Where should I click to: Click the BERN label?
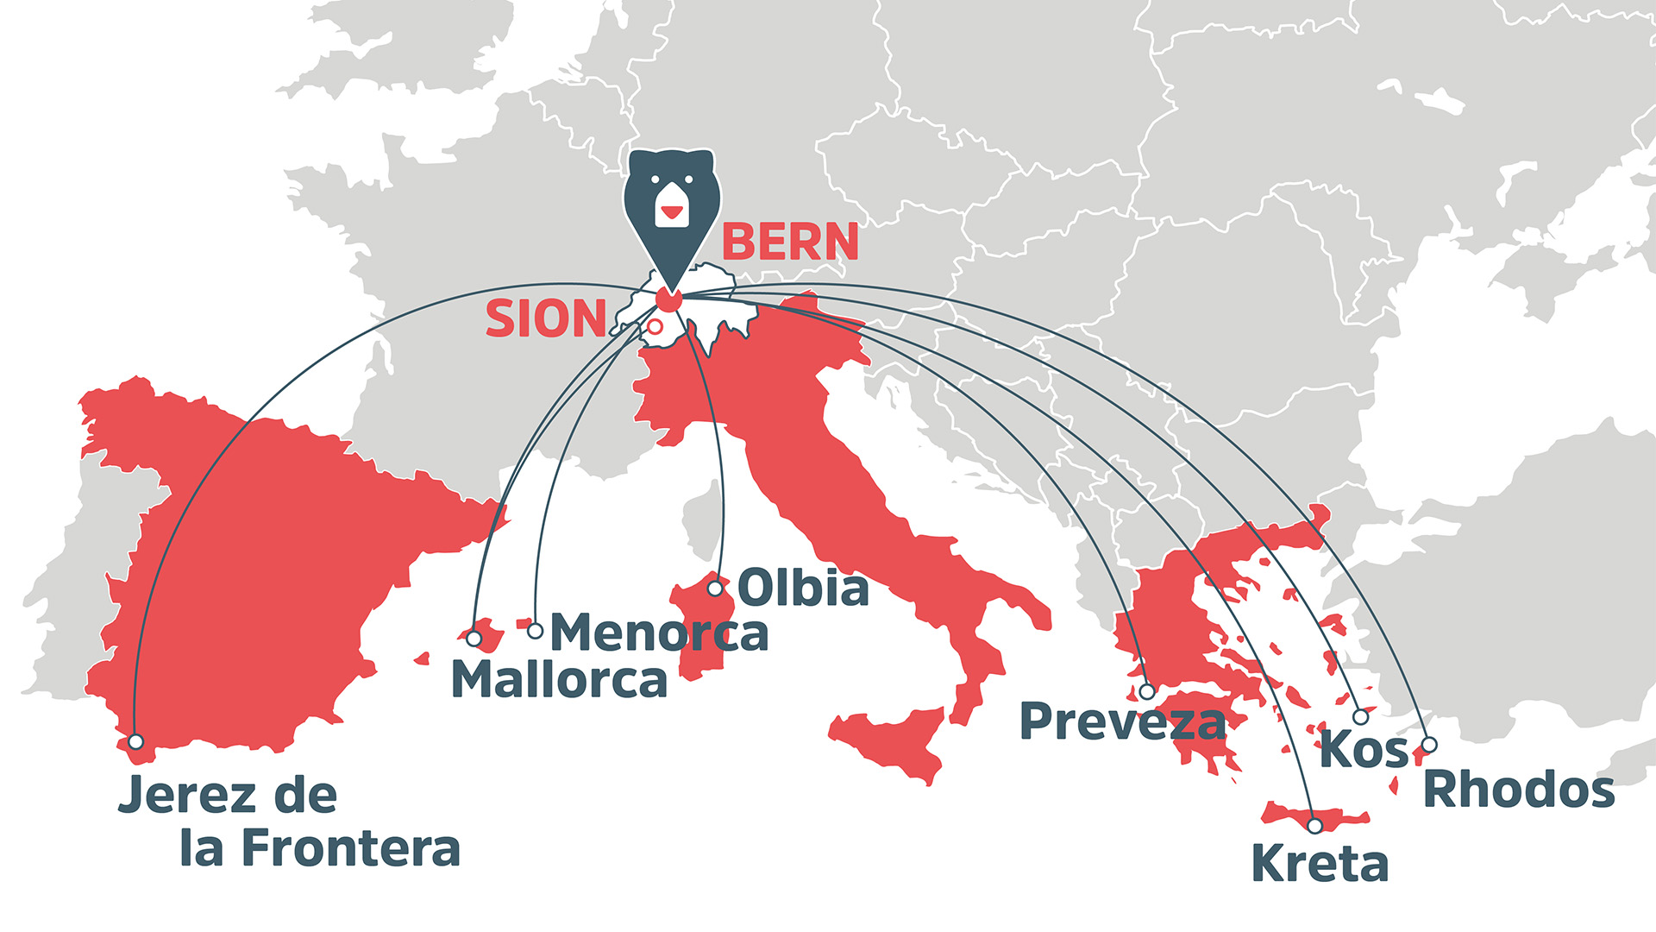tap(790, 242)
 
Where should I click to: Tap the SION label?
tap(546, 319)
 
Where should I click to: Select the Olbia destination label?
tap(803, 589)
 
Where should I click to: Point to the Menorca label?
tap(659, 633)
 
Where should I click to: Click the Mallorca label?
tap(559, 680)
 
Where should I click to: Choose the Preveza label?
tap(1122, 721)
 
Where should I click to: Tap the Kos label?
tap(1364, 749)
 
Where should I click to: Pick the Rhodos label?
tap(1518, 790)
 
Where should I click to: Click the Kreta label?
tap(1320, 864)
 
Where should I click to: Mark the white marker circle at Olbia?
tap(715, 589)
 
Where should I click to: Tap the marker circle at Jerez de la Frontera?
tap(135, 741)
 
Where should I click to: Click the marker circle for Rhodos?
tap(1429, 744)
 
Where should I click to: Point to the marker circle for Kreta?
tap(1314, 826)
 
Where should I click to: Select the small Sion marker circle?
tap(655, 326)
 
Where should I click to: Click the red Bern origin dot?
tap(668, 299)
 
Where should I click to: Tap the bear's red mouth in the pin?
tap(671, 211)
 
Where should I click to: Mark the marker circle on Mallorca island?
tap(474, 639)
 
